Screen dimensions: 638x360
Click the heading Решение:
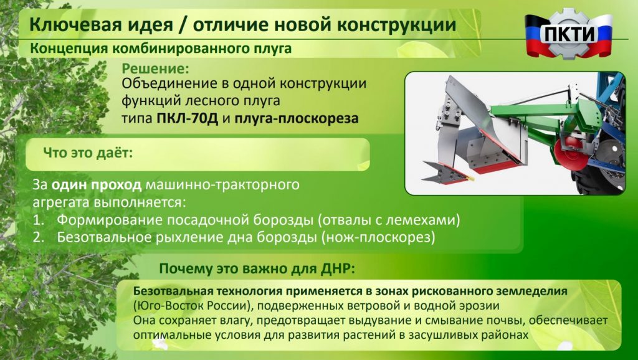click(156, 69)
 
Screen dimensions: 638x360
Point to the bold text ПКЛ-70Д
click(188, 118)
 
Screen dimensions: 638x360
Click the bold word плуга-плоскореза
click(297, 119)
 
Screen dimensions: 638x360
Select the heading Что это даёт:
click(88, 153)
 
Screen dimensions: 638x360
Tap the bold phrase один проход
click(97, 185)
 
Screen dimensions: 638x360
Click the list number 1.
click(37, 220)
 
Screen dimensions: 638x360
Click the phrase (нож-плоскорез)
click(378, 237)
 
